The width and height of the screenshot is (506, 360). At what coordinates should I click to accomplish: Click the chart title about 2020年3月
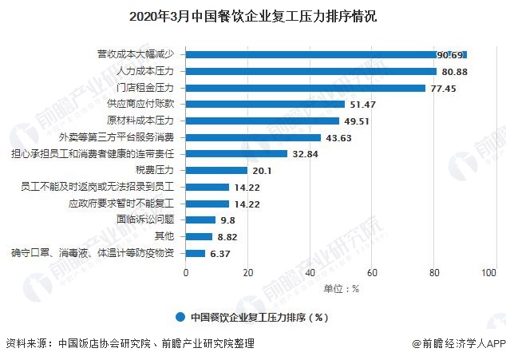pyautogui.click(x=252, y=15)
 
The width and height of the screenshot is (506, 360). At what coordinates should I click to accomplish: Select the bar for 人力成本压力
pyautogui.click(x=310, y=71)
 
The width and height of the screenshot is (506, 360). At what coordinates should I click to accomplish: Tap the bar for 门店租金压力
pyautogui.click(x=306, y=87)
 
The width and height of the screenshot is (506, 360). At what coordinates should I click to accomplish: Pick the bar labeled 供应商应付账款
pyautogui.click(x=265, y=104)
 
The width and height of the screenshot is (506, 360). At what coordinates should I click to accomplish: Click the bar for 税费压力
pyautogui.click(x=217, y=170)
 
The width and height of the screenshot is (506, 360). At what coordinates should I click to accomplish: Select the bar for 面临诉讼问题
pyautogui.click(x=201, y=220)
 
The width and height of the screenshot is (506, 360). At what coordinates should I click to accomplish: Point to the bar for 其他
pyautogui.click(x=200, y=236)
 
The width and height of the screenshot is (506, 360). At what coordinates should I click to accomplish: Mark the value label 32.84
pyautogui.click(x=305, y=153)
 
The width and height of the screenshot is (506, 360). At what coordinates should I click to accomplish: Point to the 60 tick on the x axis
pyautogui.click(x=371, y=273)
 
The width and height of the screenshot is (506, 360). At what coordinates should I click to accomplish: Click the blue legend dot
pyautogui.click(x=181, y=316)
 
